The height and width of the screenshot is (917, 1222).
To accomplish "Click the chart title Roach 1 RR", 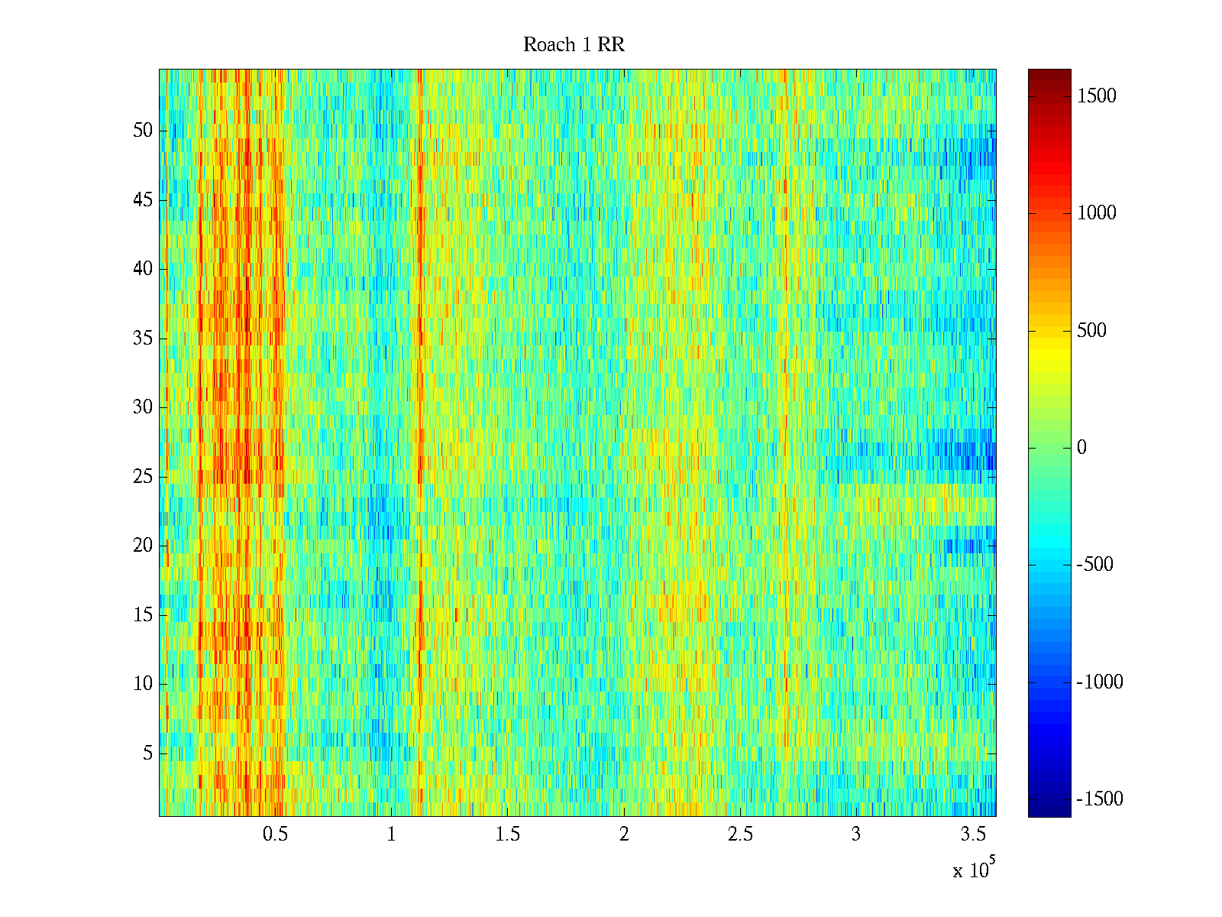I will [x=574, y=45].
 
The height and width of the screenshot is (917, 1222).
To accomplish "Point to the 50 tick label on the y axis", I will [x=143, y=131].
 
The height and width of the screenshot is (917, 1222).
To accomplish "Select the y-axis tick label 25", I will [x=143, y=477].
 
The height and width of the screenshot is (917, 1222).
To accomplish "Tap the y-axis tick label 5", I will [x=147, y=753].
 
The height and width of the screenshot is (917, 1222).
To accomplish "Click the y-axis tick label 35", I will [x=143, y=339].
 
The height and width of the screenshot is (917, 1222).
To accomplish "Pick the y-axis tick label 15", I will [x=143, y=615].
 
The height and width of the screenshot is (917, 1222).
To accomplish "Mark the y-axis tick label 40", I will [x=143, y=269].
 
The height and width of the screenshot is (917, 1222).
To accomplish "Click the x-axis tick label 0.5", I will [x=275, y=834].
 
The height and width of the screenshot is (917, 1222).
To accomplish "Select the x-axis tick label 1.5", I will [x=507, y=834].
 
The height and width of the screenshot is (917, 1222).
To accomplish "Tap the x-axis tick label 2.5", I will [x=739, y=834].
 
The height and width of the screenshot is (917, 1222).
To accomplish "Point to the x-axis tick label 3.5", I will [x=972, y=834].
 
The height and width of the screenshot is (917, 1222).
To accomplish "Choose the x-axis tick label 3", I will [x=856, y=834].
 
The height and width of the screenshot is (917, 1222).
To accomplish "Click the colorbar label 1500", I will [x=1097, y=96].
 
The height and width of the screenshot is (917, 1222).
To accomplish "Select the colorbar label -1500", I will [x=1100, y=799].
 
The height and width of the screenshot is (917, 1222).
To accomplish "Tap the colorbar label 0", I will [x=1081, y=448].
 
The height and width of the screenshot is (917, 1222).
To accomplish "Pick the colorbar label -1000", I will [x=1100, y=682].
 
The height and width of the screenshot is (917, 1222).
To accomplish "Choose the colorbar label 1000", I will [x=1097, y=213].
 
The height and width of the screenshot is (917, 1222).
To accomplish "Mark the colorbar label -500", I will [x=1095, y=565].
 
